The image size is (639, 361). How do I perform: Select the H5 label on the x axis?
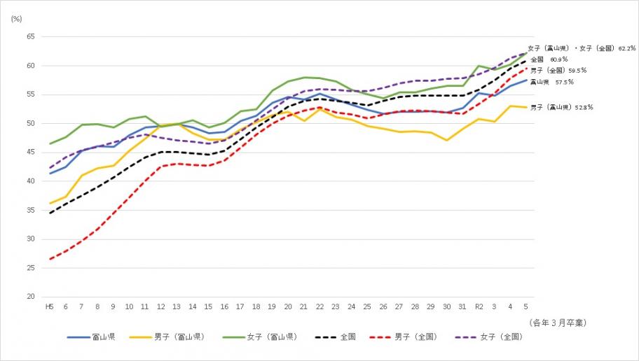pos(50,307)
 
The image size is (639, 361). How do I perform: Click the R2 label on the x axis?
pos(479,307)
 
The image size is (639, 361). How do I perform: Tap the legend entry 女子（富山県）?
pos(270,337)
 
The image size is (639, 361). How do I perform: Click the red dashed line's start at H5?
pos(50,259)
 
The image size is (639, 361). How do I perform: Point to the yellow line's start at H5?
pos(50,204)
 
